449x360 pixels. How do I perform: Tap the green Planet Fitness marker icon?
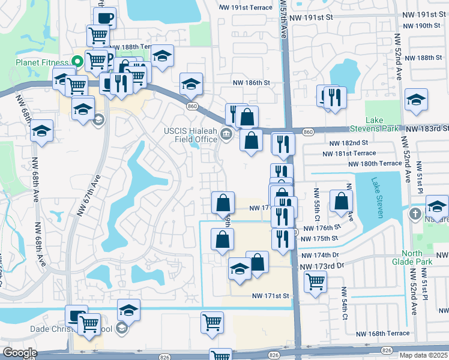(x=76, y=61)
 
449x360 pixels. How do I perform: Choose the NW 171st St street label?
(x=270, y=296)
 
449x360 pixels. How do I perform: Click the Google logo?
(x=19, y=353)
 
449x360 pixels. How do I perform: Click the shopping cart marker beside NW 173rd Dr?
(x=315, y=280)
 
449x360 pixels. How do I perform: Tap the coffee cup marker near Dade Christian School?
(x=76, y=316)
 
